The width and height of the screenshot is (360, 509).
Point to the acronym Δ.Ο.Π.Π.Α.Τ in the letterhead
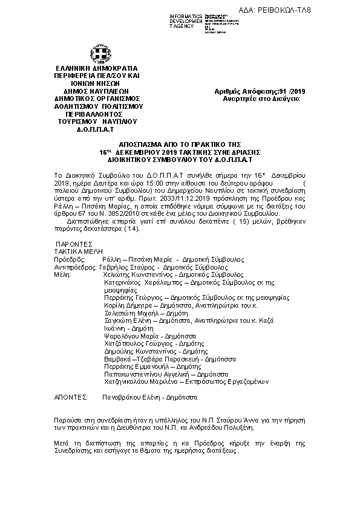tap(97, 129)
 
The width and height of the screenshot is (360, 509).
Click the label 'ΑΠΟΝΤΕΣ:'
tap(71, 399)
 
